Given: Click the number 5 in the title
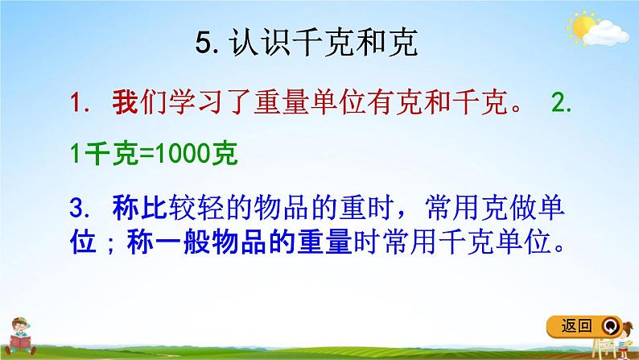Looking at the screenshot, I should [x=202, y=43].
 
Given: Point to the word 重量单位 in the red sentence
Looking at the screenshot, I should [x=305, y=104].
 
